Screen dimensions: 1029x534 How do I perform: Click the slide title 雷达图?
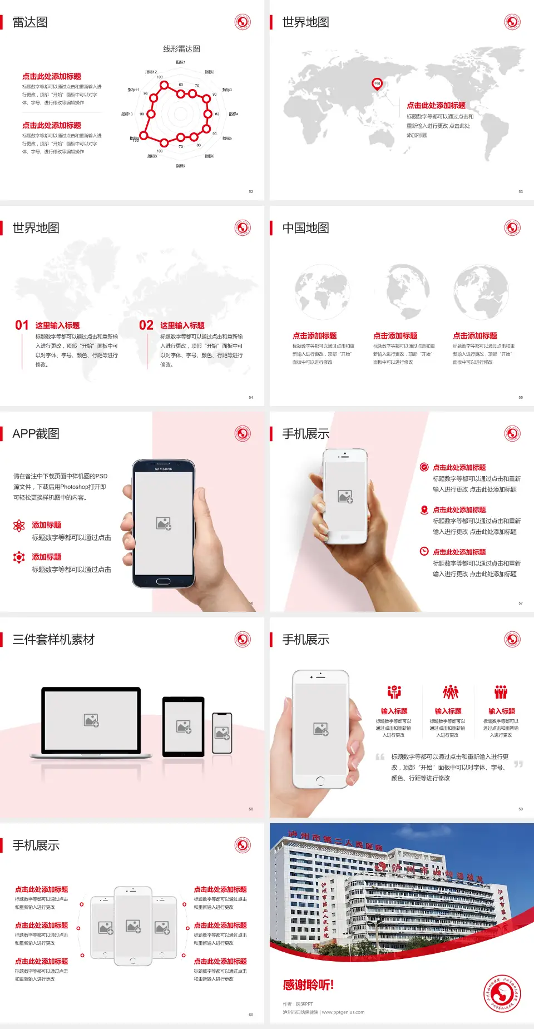pyautogui.click(x=30, y=22)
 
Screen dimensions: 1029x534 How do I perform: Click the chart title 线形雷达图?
pyautogui.click(x=181, y=49)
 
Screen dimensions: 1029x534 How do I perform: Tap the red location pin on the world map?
pyautogui.click(x=377, y=84)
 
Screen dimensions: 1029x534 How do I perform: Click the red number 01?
pyautogui.click(x=22, y=325)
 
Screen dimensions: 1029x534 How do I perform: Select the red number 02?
pyautogui.click(x=146, y=325)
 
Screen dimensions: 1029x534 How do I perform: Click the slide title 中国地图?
pyautogui.click(x=305, y=228)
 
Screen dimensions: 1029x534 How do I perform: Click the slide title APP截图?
pyautogui.click(x=36, y=434)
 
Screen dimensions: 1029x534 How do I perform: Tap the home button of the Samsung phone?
pyautogui.click(x=163, y=581)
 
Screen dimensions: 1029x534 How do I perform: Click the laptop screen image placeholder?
pyautogui.click(x=91, y=720)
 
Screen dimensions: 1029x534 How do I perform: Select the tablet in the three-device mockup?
pyautogui.click(x=184, y=726)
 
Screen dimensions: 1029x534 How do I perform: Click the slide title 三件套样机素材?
pyautogui.click(x=53, y=640)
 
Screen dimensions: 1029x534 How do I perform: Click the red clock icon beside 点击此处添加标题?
pyautogui.click(x=424, y=551)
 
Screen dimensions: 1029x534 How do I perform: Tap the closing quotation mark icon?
pyautogui.click(x=518, y=764)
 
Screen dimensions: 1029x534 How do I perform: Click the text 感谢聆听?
pyautogui.click(x=308, y=985)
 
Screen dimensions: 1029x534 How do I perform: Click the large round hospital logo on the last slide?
pyautogui.click(x=502, y=993)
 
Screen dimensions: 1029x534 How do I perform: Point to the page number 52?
pyautogui.click(x=251, y=191)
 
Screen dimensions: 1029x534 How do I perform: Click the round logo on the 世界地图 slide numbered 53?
pyautogui.click(x=512, y=22)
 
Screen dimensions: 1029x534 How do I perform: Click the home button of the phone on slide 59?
pyautogui.click(x=320, y=781)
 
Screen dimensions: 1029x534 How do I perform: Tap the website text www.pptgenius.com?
pyautogui.click(x=343, y=1012)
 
